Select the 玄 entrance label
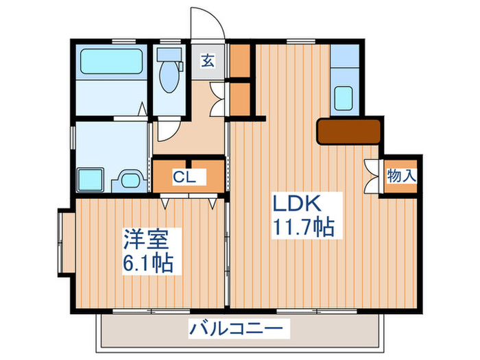pos(207,60)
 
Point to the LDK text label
pos(298,204)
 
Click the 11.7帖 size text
pos(305,227)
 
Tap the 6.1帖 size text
pos(147,262)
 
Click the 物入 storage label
pos(401,176)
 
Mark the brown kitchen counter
pos(348,131)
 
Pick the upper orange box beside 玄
pos(240,61)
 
